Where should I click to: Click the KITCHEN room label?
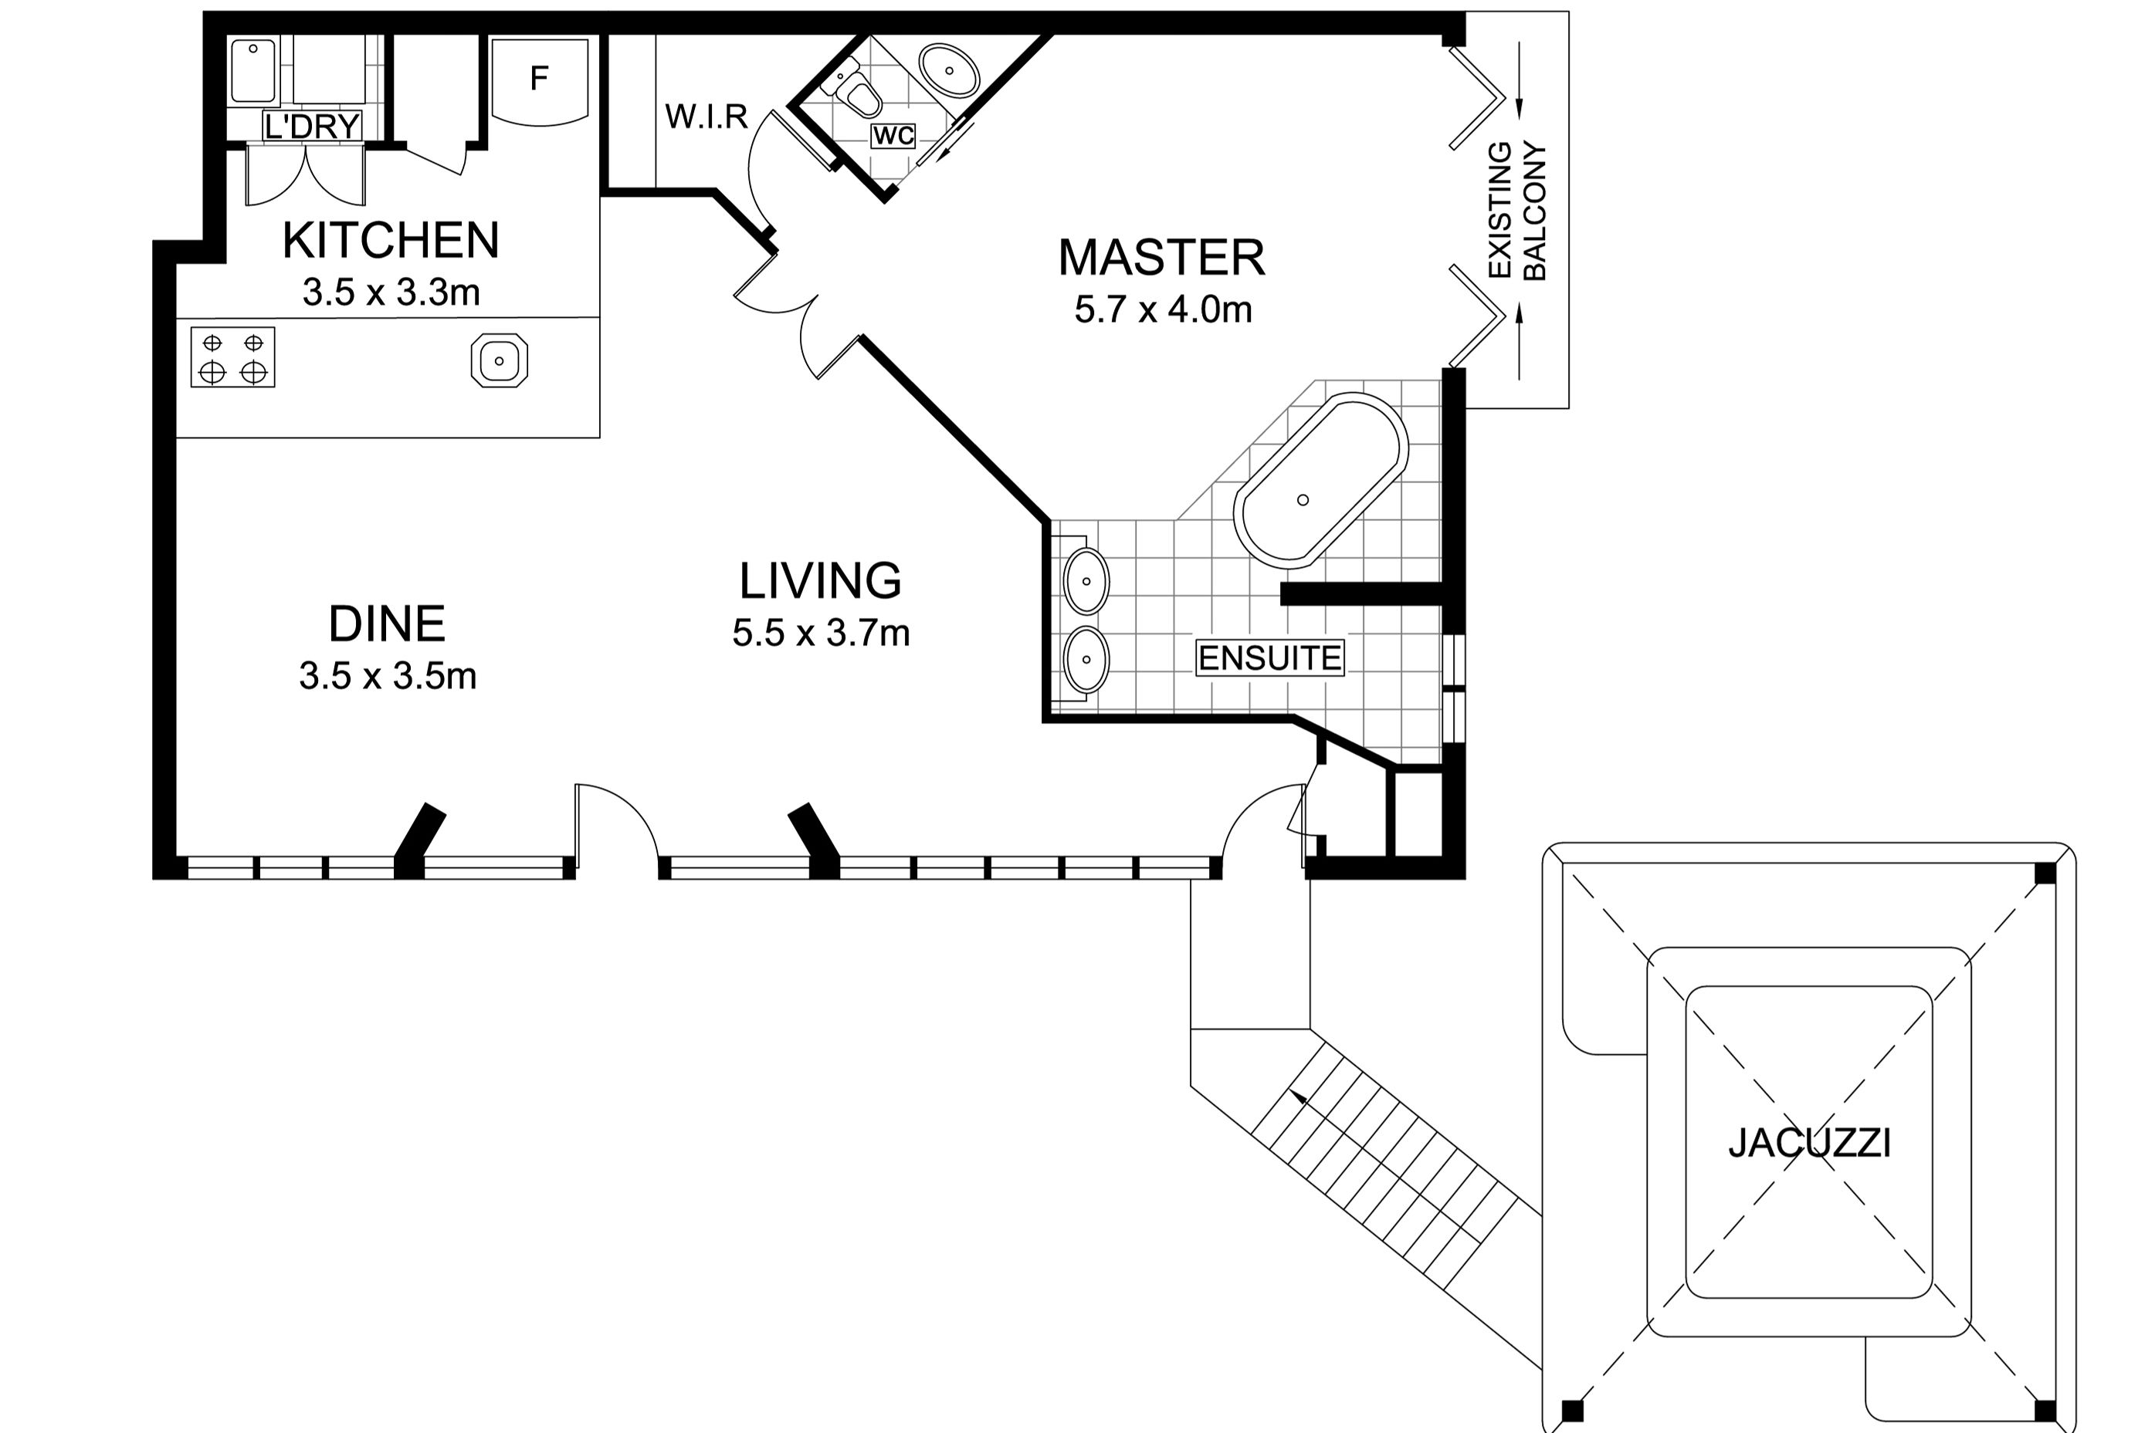[x=391, y=240]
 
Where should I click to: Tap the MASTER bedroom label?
[x=1161, y=258]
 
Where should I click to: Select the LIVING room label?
[x=820, y=580]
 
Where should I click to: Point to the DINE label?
[x=387, y=624]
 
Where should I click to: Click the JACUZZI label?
[x=1809, y=1144]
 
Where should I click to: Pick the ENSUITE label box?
[x=1270, y=658]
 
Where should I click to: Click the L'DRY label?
[x=312, y=126]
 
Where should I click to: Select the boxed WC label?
[x=893, y=136]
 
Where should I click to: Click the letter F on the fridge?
[x=540, y=79]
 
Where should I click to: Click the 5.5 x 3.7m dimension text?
[x=820, y=633]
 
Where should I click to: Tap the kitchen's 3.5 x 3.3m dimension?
[x=391, y=292]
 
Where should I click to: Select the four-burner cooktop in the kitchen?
[x=233, y=357]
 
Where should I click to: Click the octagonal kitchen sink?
[x=500, y=360]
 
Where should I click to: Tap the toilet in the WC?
[x=858, y=93]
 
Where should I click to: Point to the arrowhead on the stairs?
[x=1297, y=1097]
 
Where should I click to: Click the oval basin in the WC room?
[x=949, y=69]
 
